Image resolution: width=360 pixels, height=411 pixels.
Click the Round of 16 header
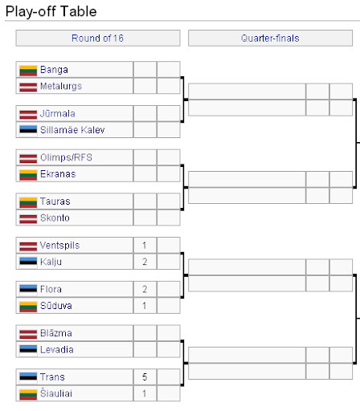97,39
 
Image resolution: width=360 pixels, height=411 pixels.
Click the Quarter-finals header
270,39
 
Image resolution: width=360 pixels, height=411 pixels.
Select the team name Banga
54,70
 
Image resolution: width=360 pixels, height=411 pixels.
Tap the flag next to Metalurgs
28,87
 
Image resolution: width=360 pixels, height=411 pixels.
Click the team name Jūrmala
57,113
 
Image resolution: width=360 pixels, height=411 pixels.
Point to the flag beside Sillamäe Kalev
28,131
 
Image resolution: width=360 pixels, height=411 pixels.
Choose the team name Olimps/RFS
66,157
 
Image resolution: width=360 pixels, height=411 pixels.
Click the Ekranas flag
28,175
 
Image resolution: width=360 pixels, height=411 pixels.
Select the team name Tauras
55,201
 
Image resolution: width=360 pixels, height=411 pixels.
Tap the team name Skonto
55,218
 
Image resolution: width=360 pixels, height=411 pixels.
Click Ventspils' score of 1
145,246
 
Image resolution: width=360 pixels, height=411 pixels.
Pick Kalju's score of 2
145,262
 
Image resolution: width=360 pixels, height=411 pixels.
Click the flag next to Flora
28,290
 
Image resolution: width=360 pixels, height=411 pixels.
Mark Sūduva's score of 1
145,306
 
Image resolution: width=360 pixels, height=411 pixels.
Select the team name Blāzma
56,333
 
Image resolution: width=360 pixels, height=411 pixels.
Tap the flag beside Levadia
28,350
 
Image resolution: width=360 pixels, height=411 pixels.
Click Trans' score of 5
145,377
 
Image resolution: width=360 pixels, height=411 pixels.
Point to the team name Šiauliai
56,393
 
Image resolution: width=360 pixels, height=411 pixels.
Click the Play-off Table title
51,11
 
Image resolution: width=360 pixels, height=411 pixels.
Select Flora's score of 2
145,289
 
